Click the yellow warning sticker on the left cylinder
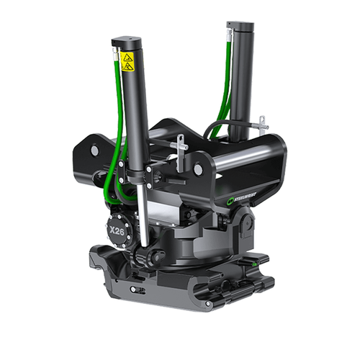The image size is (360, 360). [x=127, y=62]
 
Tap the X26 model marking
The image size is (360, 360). [x=117, y=229]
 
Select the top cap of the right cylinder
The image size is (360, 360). [x=242, y=26]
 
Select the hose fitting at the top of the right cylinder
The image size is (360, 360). [x=230, y=27]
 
